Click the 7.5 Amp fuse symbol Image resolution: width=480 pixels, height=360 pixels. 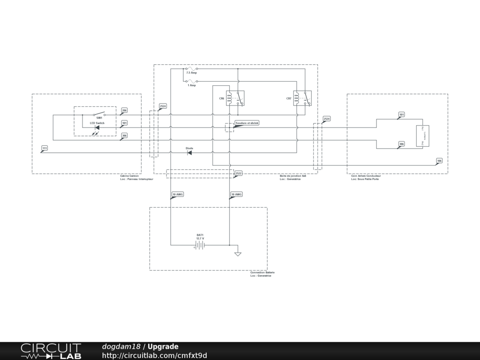191,69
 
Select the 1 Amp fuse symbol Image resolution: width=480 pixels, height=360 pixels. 191,81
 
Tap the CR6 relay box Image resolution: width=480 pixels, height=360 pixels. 235,98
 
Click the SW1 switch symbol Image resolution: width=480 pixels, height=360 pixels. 99,114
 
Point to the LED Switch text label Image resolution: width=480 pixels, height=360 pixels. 97,123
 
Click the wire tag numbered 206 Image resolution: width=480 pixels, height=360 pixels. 124,111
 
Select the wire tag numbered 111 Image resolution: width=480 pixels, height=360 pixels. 45,148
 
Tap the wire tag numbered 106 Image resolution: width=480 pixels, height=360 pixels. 439,161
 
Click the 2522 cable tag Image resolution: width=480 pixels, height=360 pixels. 238,173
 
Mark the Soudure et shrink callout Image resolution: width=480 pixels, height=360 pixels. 247,122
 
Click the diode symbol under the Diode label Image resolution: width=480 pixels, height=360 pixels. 189,153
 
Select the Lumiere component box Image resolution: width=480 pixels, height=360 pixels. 423,136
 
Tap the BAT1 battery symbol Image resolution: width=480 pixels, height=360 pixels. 200,245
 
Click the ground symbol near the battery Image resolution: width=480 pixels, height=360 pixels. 238,254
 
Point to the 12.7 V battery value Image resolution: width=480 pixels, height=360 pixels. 200,239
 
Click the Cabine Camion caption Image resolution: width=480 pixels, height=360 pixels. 129,176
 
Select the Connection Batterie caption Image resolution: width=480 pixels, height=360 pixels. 262,272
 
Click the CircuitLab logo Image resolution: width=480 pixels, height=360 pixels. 51,351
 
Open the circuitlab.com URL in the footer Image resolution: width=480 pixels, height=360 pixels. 154,355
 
